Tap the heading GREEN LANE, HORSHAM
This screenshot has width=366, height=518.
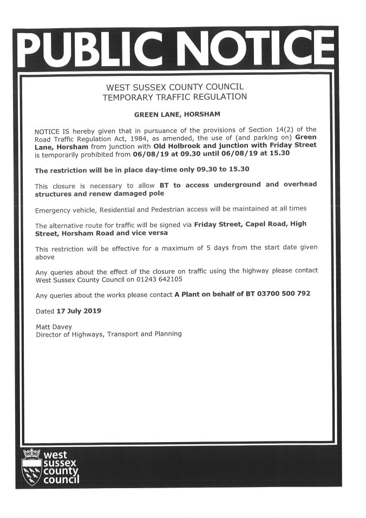[x=177, y=115]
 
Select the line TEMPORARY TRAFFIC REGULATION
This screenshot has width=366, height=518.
[x=175, y=97]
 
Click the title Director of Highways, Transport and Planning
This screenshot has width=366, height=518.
[x=108, y=335]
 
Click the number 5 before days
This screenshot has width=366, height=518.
[x=179, y=248]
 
